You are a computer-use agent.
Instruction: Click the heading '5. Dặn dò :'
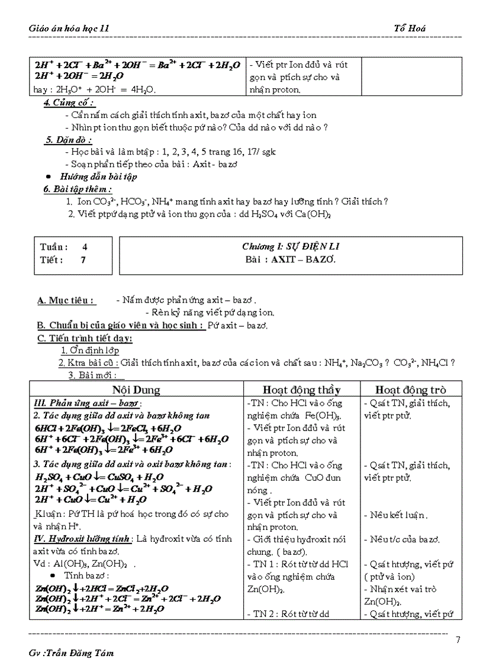click(x=67, y=140)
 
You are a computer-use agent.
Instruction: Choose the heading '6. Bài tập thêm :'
click(x=77, y=189)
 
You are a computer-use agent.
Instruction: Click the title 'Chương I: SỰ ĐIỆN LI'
click(x=291, y=246)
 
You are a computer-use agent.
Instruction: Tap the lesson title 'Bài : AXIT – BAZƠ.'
click(x=291, y=259)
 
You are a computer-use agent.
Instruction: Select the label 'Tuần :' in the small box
click(x=54, y=247)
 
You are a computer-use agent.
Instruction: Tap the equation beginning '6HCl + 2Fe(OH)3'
click(x=108, y=428)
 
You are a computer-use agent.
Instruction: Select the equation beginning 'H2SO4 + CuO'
click(x=99, y=477)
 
